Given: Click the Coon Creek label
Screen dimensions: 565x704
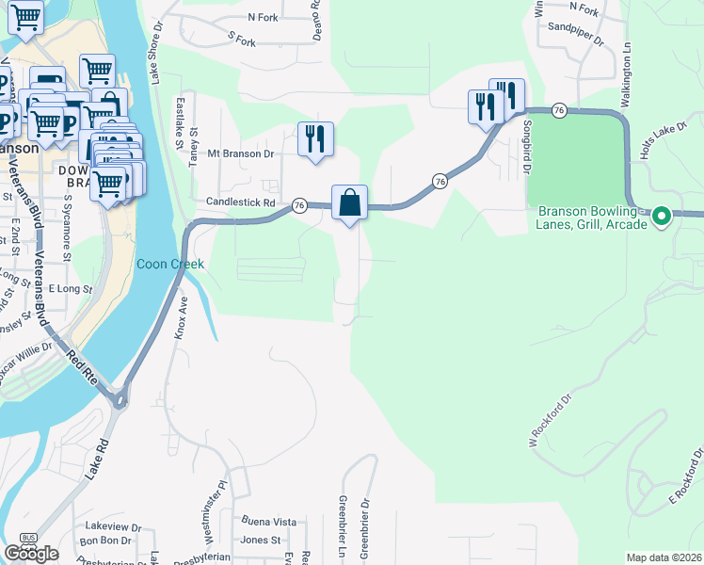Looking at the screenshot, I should coord(170,264).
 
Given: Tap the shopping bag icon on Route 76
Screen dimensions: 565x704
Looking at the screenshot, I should coord(349,203).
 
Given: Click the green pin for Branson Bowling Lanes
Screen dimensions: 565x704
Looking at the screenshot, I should coord(662,218).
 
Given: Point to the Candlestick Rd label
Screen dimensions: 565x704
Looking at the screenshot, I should coord(241,202).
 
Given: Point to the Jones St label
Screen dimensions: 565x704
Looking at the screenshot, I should coord(260,540).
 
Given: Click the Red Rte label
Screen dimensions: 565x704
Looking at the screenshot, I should coord(81,363).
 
